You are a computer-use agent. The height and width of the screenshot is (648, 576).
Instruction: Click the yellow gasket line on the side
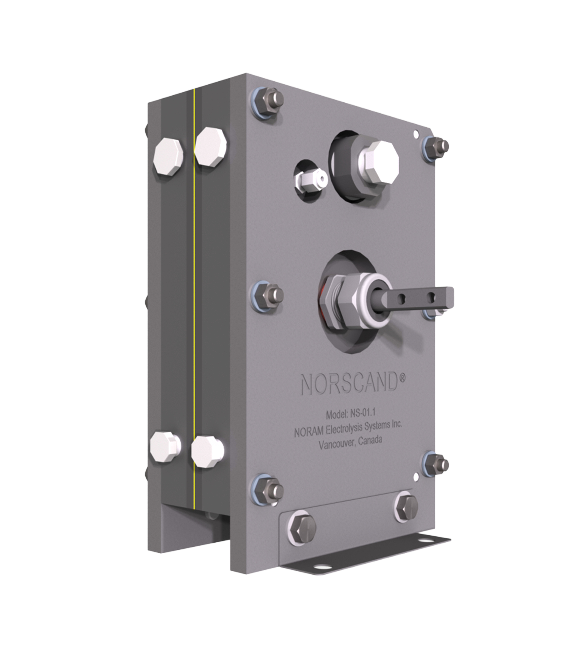[x=194, y=285]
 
